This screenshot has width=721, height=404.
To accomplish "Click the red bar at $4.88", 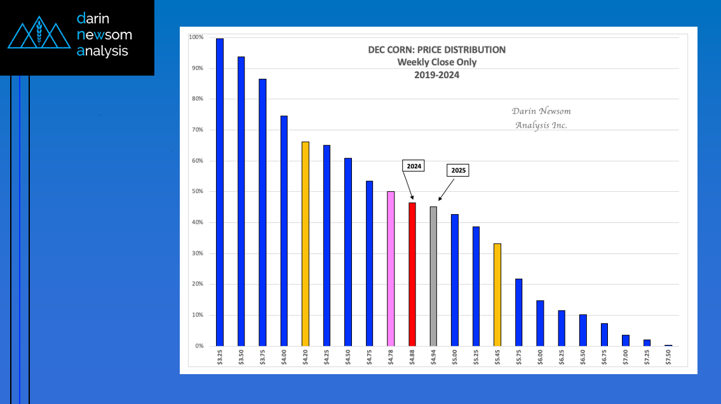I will pos(412,274).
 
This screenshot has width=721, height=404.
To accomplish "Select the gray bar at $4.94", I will pos(433,276).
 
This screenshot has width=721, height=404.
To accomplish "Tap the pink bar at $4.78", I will pos(390,269).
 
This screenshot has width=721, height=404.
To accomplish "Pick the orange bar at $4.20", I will pos(305,244).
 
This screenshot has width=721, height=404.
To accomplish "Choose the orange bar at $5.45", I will pos(497,295).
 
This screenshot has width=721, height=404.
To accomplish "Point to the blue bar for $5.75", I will pos(518,313).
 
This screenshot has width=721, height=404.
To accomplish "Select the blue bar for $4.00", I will pos(284,231).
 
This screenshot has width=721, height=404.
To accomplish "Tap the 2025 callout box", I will pos(458,170).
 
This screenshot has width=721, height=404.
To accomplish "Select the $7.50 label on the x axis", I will pos(668,356).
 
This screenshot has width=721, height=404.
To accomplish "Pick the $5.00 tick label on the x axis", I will pos(455,356).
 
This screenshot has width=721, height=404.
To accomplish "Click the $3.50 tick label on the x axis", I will pos(241,356).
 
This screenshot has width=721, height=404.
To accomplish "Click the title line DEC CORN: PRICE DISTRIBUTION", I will pos(437,50).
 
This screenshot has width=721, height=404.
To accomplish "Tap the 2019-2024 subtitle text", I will pos(437,74).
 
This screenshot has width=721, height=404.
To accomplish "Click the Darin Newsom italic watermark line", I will pos(541,111).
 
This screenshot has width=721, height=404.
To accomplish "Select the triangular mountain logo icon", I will pos(38,36).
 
